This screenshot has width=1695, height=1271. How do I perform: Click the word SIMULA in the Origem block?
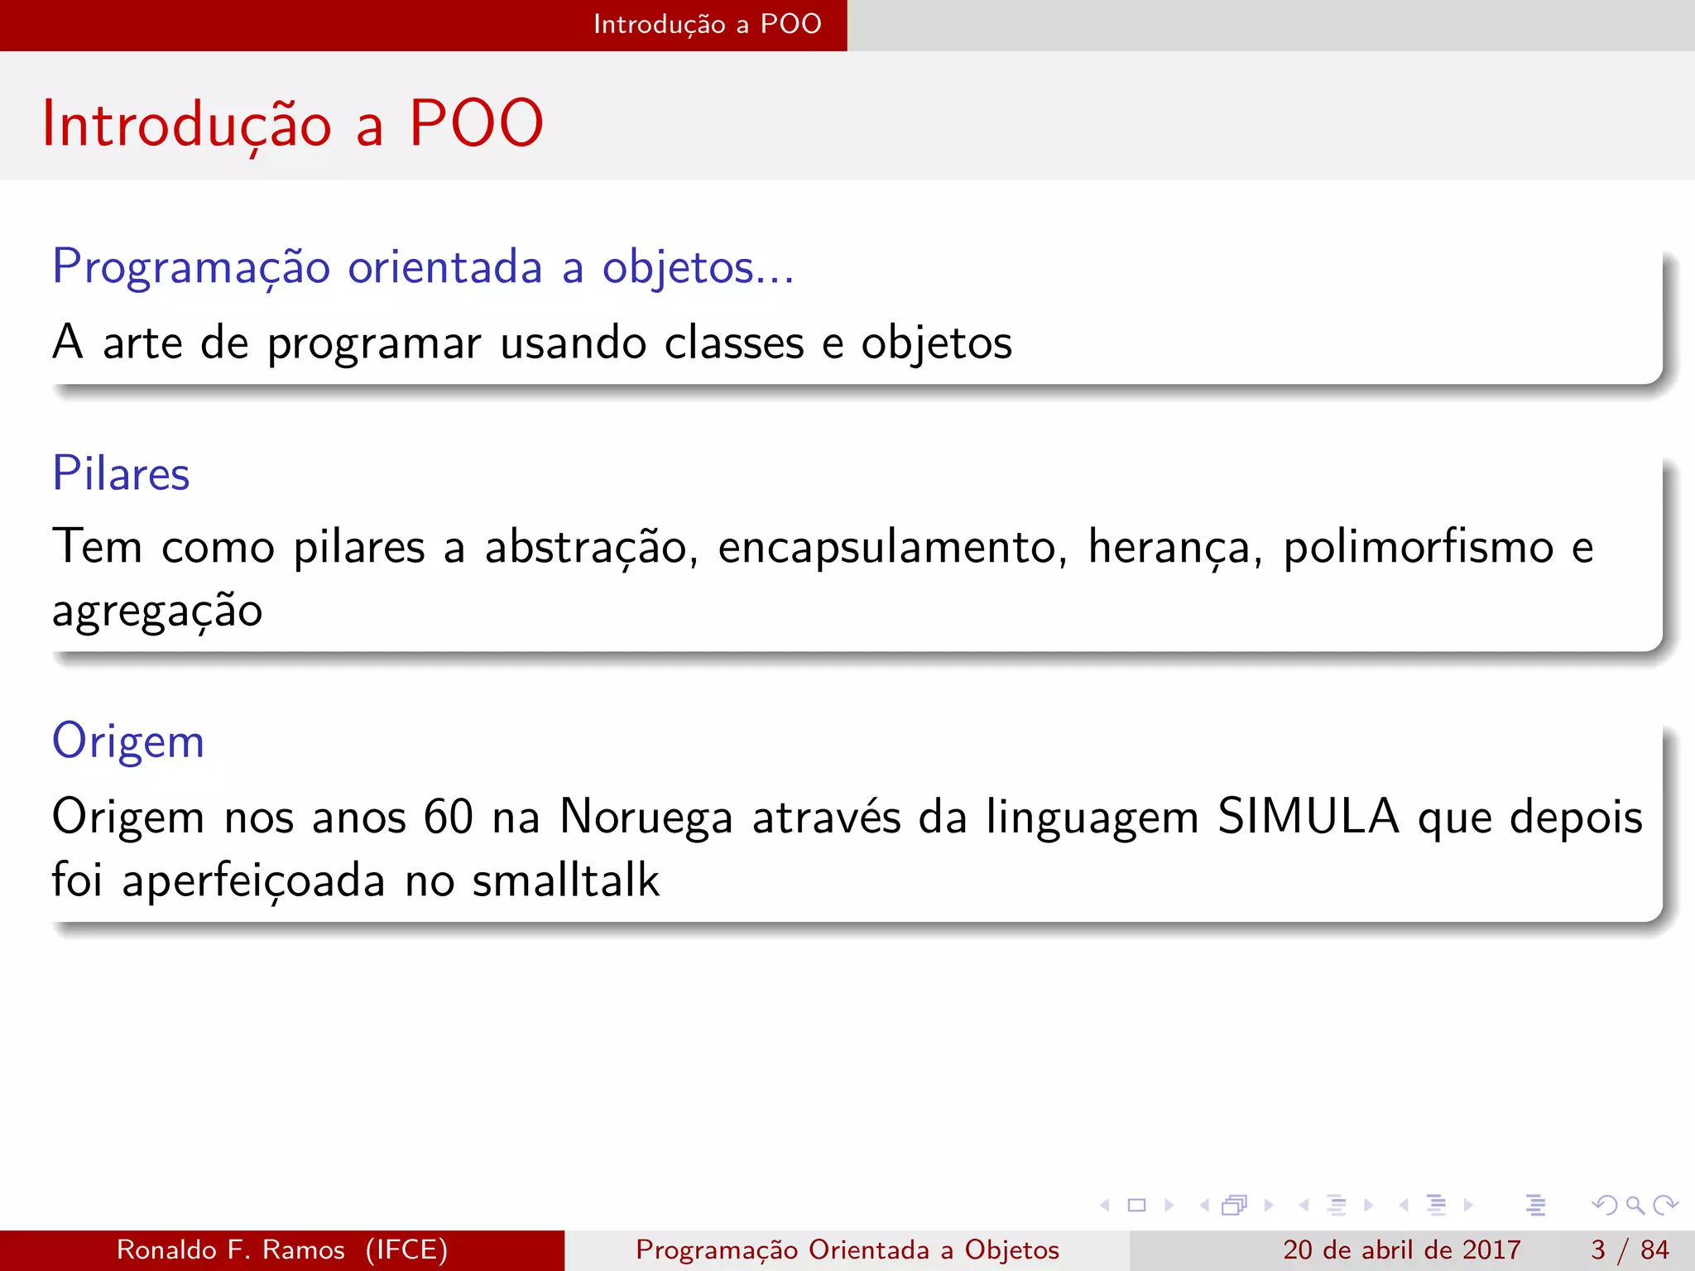click(x=1308, y=817)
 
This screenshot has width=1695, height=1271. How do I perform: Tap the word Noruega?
click(x=646, y=817)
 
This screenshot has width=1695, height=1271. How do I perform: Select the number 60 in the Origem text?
click(x=448, y=817)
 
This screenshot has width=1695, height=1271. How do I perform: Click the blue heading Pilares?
click(x=121, y=474)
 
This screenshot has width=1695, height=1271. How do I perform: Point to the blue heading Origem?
click(x=127, y=741)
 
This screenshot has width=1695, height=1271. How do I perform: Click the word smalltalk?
click(x=565, y=880)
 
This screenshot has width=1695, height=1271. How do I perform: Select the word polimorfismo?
click(x=1418, y=547)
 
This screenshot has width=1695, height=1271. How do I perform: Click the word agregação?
click(x=157, y=612)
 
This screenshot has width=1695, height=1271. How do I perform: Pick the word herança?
click(x=1174, y=547)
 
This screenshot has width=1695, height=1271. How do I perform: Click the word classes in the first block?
click(x=733, y=343)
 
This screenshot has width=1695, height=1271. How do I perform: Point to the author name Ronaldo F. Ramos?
click(x=230, y=1249)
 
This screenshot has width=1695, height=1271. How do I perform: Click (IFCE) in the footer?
click(x=406, y=1249)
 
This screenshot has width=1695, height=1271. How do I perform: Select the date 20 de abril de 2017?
click(x=1401, y=1249)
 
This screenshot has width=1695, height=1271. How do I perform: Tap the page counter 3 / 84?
click(x=1629, y=1249)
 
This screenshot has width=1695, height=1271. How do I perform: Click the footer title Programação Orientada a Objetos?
click(x=847, y=1249)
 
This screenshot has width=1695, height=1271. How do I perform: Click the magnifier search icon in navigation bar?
click(x=1634, y=1205)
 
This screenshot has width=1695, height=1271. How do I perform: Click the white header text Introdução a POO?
click(x=707, y=24)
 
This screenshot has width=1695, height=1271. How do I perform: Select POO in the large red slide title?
click(x=476, y=124)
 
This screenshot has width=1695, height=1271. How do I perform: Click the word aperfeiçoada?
click(x=253, y=880)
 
